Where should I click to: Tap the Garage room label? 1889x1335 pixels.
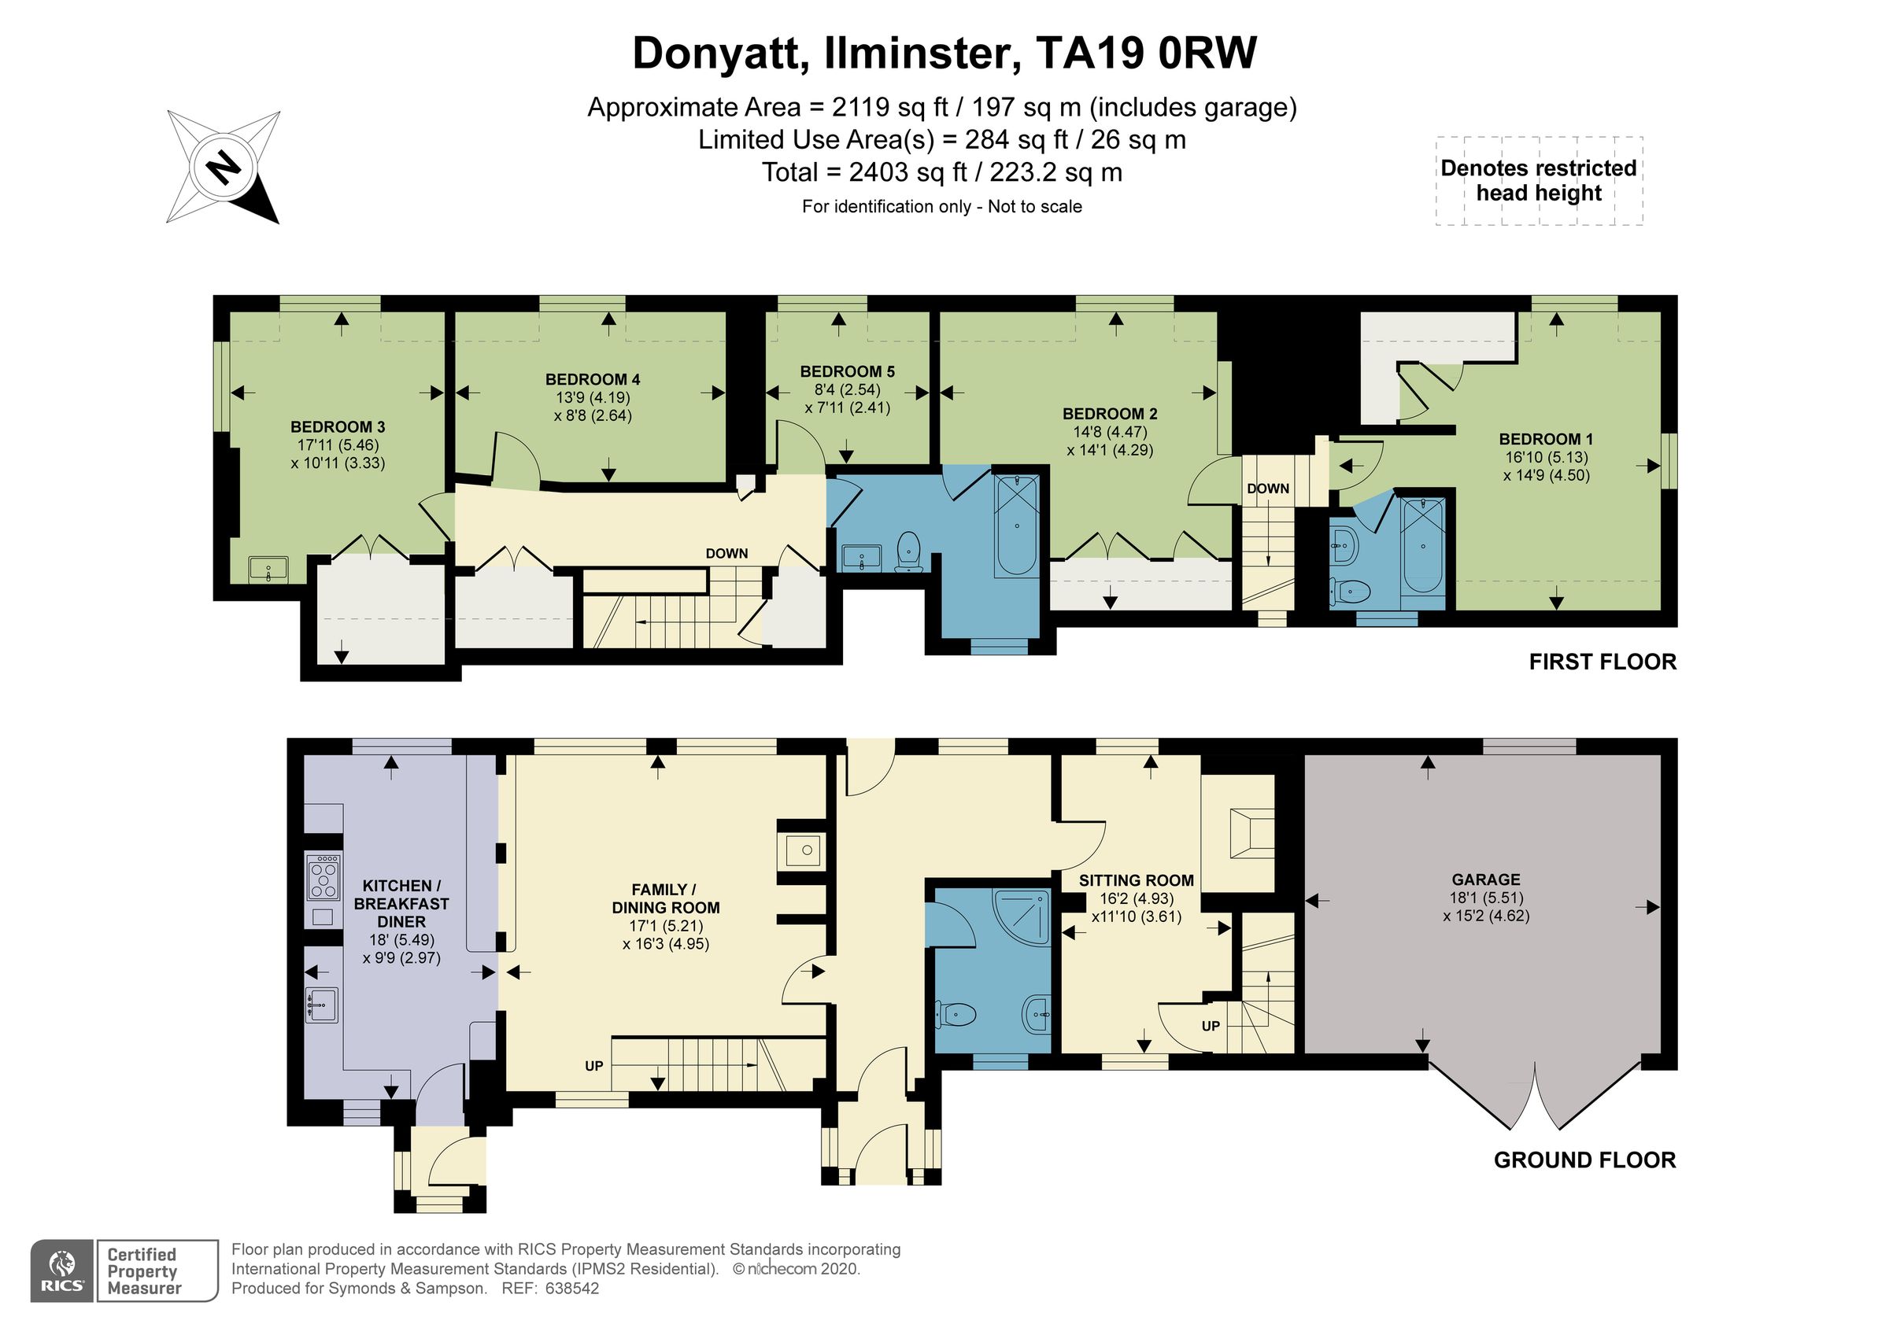click(1485, 880)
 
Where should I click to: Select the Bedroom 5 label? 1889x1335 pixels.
click(847, 372)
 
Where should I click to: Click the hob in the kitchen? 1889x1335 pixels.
click(323, 877)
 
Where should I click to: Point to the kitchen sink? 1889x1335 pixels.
click(322, 1005)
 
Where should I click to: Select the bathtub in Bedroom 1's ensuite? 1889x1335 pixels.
click(1421, 544)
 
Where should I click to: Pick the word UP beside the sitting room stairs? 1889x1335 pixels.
click(1211, 1026)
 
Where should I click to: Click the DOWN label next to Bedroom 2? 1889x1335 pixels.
click(1267, 489)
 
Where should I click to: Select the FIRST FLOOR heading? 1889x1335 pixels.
click(1602, 662)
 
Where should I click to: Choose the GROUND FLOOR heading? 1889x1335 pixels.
click(1584, 1160)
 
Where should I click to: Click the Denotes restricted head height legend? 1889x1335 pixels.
click(1539, 180)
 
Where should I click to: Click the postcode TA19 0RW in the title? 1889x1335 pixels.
click(1146, 53)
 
